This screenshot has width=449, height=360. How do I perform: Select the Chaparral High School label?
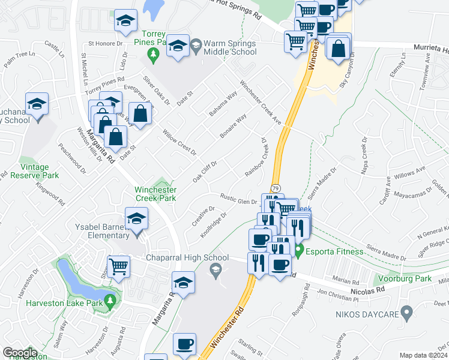point(187,258)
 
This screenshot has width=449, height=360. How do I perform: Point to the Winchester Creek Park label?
point(155,193)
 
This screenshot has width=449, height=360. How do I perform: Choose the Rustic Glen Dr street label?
point(238,199)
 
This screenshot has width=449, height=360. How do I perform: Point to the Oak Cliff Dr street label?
point(204,171)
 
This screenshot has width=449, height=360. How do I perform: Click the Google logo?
point(20,353)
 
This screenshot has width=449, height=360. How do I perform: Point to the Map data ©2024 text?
point(423,355)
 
